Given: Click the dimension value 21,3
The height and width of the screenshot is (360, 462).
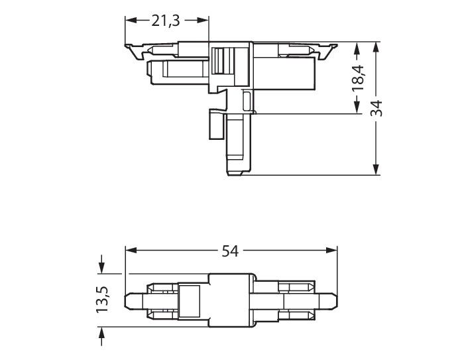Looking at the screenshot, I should (166, 21).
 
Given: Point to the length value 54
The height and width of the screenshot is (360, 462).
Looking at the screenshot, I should (229, 251).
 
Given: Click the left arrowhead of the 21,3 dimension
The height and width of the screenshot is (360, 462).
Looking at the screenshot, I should (129, 21).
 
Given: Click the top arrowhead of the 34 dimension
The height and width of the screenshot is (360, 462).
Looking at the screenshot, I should (376, 46).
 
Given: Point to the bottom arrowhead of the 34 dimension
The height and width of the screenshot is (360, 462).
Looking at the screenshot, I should (376, 171).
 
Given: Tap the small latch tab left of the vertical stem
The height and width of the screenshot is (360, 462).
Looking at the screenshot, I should (215, 123).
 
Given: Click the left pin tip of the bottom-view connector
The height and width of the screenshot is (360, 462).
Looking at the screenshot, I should (128, 300).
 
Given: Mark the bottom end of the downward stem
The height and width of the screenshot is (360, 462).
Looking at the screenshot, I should (239, 174).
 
